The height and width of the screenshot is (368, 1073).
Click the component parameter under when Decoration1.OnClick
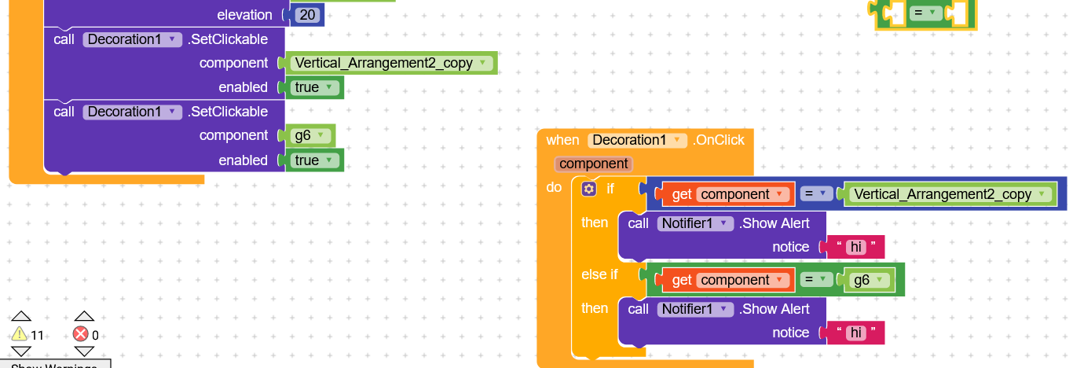coord(593,164)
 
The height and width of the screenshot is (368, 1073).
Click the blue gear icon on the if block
coord(589,189)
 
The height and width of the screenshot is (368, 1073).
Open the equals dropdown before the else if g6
coord(816,280)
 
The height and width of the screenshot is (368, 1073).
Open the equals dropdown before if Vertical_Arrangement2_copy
coord(816,194)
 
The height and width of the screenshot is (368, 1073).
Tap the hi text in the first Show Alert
coord(855,247)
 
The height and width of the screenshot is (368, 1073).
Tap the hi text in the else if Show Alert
coord(855,333)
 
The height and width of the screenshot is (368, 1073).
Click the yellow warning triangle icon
coord(20,334)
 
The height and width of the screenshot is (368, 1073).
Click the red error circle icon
coord(81,334)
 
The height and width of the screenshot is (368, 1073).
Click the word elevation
coord(244,15)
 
